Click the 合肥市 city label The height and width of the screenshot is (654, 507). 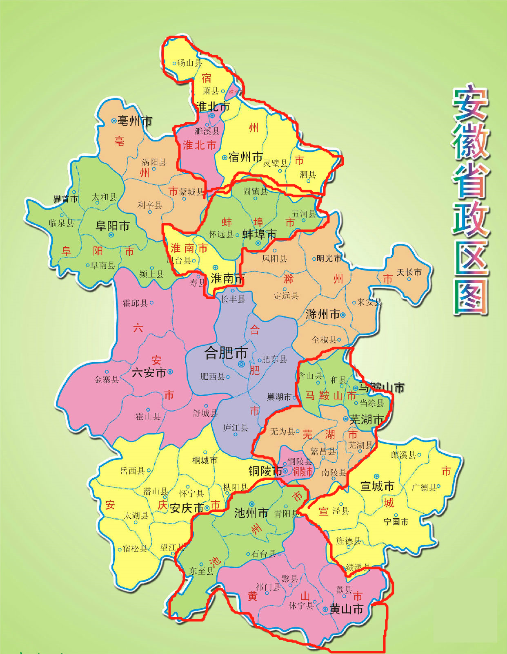pyautogui.click(x=226, y=352)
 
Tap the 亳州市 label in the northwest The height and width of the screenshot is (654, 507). pyautogui.click(x=134, y=121)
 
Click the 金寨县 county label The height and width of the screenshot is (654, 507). pyautogui.click(x=107, y=379)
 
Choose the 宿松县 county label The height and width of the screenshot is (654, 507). pyautogui.click(x=135, y=549)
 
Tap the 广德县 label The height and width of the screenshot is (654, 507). pyautogui.click(x=424, y=487)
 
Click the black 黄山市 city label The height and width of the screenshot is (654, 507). pyautogui.click(x=346, y=609)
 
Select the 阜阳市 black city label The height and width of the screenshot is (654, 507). pyautogui.click(x=112, y=226)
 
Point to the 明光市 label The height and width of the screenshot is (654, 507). pyautogui.click(x=329, y=258)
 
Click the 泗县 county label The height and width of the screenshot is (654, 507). pyautogui.click(x=308, y=175)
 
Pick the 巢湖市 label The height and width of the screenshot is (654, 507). pyautogui.click(x=279, y=397)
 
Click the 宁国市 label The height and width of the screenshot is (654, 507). pyautogui.click(x=396, y=522)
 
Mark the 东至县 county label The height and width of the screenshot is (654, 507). pyautogui.click(x=201, y=571)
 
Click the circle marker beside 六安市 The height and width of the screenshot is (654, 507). pyautogui.click(x=170, y=372)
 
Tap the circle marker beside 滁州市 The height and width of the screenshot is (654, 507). pyautogui.click(x=343, y=315)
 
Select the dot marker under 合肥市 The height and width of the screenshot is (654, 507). pyautogui.click(x=241, y=364)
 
